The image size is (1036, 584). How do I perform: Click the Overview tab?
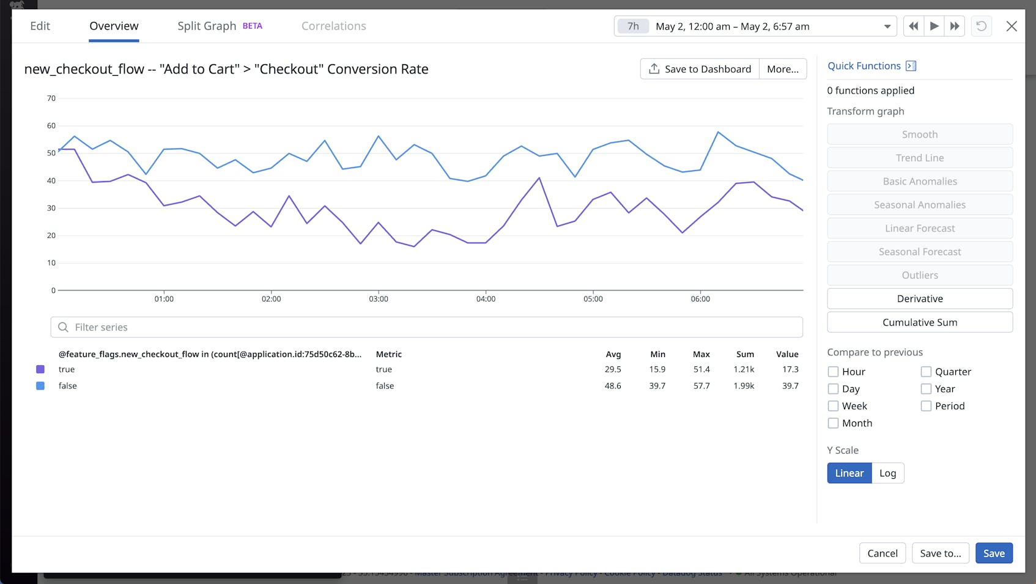click(x=114, y=26)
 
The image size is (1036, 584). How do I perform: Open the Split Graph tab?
click(x=207, y=26)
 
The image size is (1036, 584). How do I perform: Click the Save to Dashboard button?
click(x=700, y=69)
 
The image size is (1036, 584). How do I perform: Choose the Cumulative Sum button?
click(x=919, y=322)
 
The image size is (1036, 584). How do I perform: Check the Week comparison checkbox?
click(x=833, y=406)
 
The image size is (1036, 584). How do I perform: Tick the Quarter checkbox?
click(x=926, y=372)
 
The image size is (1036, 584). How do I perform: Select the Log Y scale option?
click(x=887, y=473)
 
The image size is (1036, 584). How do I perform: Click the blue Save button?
click(x=993, y=553)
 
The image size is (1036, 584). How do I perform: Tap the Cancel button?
click(x=882, y=553)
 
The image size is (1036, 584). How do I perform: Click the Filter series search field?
click(x=426, y=327)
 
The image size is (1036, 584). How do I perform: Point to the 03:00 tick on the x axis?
click(x=379, y=299)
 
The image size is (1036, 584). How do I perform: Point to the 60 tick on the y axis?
click(x=51, y=125)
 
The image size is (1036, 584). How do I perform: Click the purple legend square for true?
click(x=40, y=369)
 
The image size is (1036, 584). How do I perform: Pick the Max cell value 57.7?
click(x=701, y=386)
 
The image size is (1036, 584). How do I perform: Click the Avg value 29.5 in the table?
click(x=613, y=369)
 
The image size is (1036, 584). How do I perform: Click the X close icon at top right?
click(x=1012, y=26)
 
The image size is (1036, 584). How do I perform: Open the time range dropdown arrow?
click(x=887, y=26)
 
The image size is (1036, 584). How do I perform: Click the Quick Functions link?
click(x=864, y=66)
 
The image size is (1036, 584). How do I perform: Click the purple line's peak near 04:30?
click(x=539, y=178)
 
